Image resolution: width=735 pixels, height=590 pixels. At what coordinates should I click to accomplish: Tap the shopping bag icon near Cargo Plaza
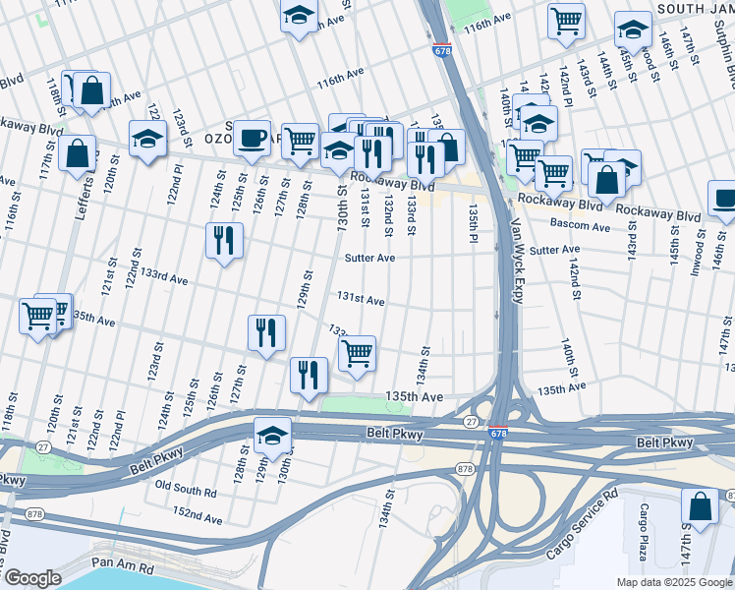700,507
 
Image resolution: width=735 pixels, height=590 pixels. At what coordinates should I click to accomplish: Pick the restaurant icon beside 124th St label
224,240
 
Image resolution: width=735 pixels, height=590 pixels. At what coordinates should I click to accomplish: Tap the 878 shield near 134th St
465,469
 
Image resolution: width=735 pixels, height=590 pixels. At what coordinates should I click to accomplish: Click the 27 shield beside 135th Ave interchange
472,422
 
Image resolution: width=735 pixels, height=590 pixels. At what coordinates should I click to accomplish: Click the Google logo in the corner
32,578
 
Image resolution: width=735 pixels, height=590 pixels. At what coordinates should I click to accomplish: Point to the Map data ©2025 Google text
672,581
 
